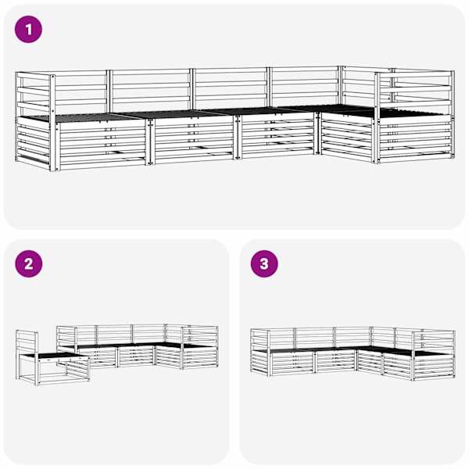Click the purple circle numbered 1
(28, 30)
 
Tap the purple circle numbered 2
(29, 264)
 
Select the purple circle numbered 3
(264, 264)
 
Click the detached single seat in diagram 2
(53, 357)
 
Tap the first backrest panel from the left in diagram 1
(81, 91)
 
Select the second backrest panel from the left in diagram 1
(151, 90)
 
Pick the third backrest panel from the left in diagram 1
(231, 88)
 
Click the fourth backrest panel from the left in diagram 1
(305, 87)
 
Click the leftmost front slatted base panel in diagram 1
(102, 144)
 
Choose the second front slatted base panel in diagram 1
(194, 139)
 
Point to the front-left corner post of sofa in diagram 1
(52, 123)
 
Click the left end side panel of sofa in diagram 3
(260, 352)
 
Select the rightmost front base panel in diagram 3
(435, 366)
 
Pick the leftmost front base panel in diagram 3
(292, 363)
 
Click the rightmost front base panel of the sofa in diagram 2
(200, 356)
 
